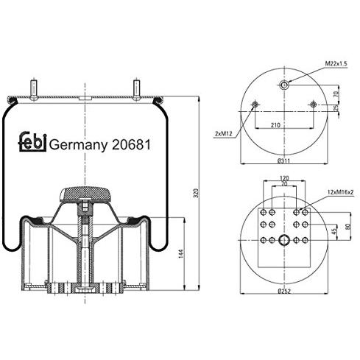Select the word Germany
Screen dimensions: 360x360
(x=79, y=144)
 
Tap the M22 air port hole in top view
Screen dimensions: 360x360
(x=284, y=86)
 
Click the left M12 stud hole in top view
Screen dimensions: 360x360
(x=255, y=105)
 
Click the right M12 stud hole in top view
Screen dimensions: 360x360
(x=314, y=105)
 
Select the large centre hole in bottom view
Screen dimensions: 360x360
(x=283, y=239)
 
